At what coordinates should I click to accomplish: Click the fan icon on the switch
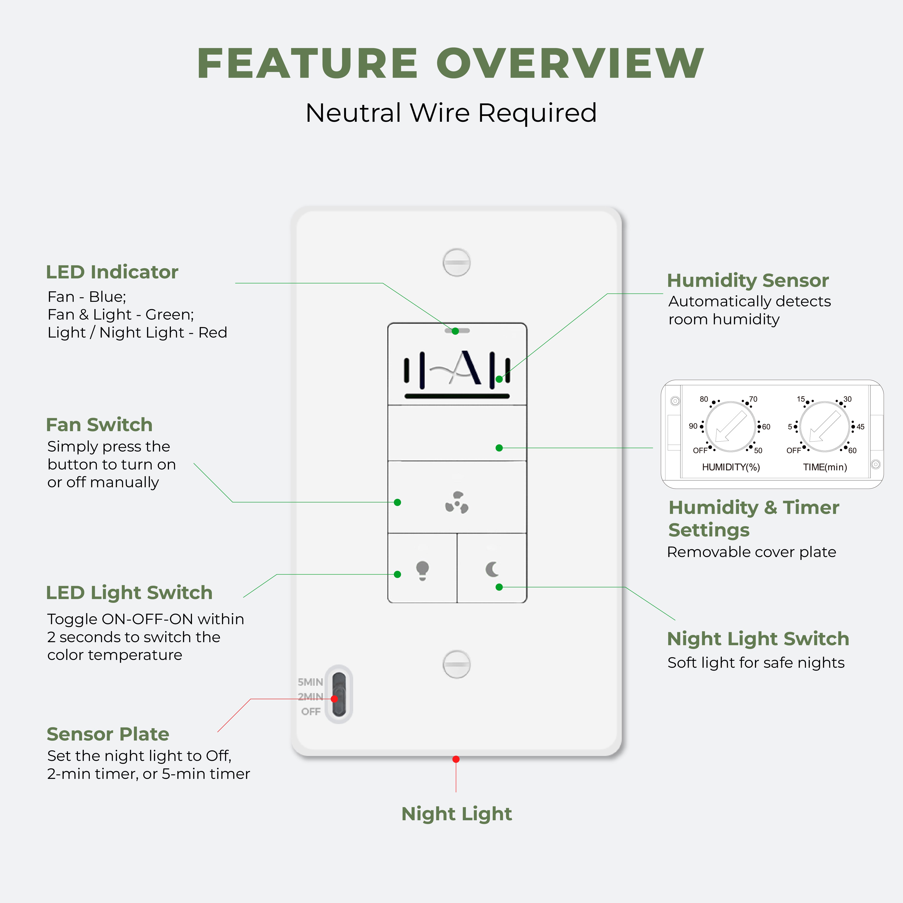(457, 502)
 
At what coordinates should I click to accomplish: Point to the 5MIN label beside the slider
(310, 682)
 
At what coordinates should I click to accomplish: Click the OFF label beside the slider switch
(311, 711)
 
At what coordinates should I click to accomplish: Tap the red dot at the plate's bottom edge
(456, 759)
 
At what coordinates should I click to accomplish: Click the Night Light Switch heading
(758, 638)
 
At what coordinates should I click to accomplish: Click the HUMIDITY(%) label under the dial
(731, 467)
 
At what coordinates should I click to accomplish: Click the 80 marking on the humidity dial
(703, 399)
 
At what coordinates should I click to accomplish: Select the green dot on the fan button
(397, 502)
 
